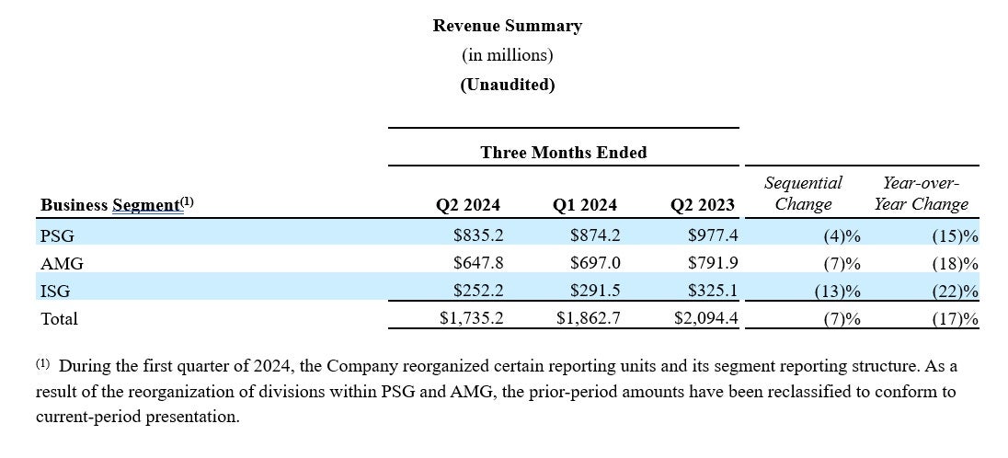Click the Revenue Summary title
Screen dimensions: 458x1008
pos(507,26)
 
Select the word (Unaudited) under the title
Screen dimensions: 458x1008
pos(507,85)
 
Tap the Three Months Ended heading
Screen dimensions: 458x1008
pos(563,153)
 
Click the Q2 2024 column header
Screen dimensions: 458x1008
pos(468,205)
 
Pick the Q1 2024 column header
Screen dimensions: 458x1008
pos(585,205)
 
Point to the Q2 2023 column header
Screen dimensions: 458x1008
pos(704,205)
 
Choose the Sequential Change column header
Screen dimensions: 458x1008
pos(803,193)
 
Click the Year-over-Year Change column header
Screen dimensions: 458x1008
pos(921,193)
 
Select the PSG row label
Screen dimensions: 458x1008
pos(57,236)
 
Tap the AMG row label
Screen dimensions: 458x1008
pos(62,264)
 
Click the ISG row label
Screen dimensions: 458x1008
pos(55,292)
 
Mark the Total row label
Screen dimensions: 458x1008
pos(60,319)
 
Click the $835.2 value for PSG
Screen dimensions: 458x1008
pos(478,236)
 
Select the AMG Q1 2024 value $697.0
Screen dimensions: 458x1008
pos(595,264)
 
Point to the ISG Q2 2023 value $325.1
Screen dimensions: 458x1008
pos(713,292)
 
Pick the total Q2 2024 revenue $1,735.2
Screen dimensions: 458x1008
pos(471,319)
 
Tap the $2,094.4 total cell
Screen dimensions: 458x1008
pos(706,319)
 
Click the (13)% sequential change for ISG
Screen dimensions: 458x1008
pos(837,292)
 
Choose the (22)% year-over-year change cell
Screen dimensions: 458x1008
pos(955,292)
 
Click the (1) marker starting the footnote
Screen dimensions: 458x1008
pos(43,363)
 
